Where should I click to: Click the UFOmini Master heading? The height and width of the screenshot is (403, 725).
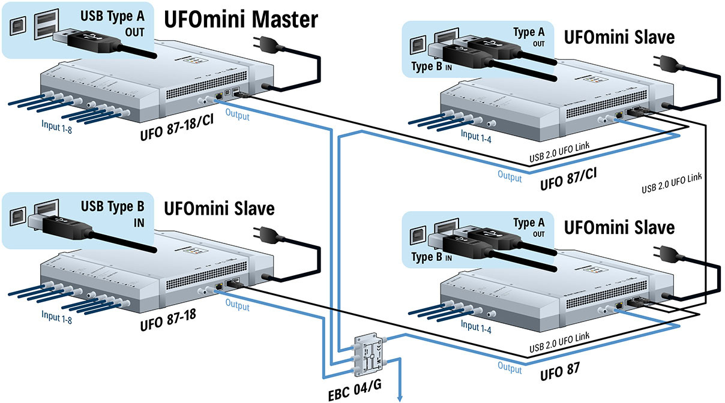pos(241,20)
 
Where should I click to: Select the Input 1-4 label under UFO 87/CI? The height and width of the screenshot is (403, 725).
pos(478,136)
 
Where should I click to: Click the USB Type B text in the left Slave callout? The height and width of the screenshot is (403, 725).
pos(113,207)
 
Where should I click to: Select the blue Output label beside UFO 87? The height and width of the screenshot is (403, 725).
pos(510,366)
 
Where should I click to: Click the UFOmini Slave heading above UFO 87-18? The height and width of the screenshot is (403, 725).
pos(219,209)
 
